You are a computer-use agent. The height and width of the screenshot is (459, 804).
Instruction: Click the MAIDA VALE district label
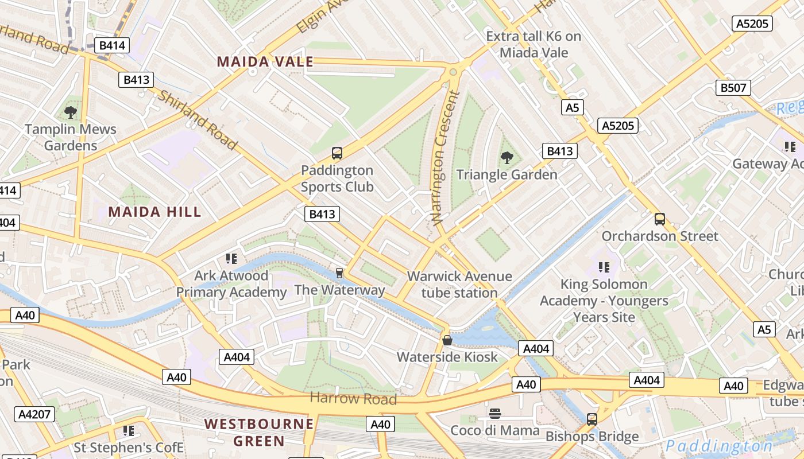[265, 62]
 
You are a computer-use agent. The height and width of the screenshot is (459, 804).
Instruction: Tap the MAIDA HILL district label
[155, 212]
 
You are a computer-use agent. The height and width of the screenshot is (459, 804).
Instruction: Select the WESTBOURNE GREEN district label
[260, 433]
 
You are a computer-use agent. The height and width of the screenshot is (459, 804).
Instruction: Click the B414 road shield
[112, 45]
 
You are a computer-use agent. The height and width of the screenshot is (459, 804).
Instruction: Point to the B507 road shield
[733, 88]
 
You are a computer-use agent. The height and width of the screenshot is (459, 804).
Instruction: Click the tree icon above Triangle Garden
[507, 157]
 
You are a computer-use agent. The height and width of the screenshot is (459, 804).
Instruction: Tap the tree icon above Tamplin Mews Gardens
[71, 112]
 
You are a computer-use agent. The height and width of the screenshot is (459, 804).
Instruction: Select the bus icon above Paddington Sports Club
[337, 153]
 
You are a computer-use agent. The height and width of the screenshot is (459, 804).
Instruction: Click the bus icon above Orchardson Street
[660, 219]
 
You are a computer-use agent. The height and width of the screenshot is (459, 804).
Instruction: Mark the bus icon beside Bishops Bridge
[592, 419]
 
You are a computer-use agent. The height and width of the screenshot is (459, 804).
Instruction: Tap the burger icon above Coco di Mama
[494, 414]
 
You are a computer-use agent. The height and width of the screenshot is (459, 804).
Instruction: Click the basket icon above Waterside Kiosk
[447, 340]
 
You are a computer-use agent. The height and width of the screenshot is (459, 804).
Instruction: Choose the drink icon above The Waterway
[339, 273]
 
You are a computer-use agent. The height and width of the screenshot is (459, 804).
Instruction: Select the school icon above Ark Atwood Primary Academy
[231, 259]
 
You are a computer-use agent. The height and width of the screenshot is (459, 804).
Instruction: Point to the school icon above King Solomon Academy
[604, 267]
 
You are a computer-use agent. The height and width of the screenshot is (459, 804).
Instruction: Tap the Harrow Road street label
[353, 398]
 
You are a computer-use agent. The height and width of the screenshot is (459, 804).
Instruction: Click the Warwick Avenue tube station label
[459, 285]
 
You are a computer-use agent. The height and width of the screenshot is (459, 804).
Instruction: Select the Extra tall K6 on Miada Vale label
[534, 45]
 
